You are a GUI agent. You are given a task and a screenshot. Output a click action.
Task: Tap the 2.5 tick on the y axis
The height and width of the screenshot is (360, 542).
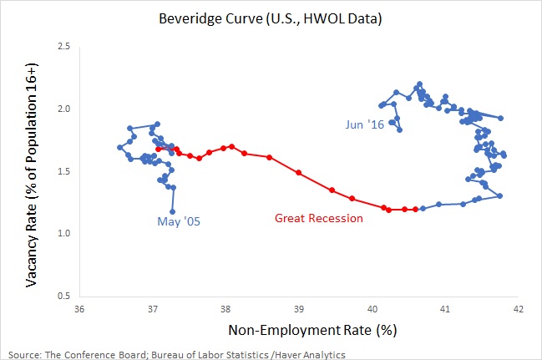(63, 47)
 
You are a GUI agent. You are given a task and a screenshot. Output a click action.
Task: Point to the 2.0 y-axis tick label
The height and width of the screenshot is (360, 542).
(63, 109)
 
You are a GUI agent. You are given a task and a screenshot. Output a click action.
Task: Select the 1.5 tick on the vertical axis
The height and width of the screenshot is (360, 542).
(63, 171)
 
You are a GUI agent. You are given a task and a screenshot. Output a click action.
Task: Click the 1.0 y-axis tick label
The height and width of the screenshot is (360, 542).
(63, 234)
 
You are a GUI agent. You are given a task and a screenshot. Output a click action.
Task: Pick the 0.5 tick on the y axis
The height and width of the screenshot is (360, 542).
(63, 296)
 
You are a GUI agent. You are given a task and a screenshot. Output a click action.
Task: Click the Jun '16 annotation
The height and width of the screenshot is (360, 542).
(365, 124)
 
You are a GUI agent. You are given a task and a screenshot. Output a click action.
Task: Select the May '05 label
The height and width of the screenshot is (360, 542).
(179, 221)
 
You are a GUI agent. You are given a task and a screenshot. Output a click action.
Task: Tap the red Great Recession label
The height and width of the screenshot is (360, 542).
(319, 219)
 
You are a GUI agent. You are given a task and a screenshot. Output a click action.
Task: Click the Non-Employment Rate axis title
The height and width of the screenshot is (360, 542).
(298, 332)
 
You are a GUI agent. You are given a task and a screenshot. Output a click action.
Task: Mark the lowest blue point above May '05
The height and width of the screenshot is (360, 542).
(173, 211)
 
